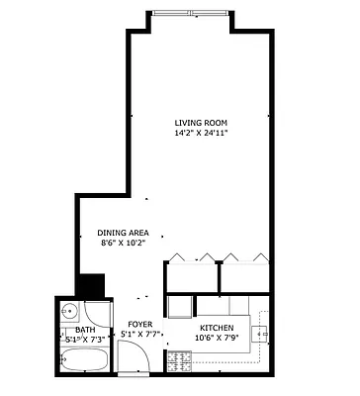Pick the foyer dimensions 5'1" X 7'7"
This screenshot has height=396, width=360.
pyautogui.click(x=139, y=335)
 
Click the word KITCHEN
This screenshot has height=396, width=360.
pyautogui.click(x=217, y=328)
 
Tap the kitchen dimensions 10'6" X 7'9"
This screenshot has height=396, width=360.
pyautogui.click(x=217, y=339)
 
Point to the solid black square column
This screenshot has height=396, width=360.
pyautogui.click(x=92, y=285)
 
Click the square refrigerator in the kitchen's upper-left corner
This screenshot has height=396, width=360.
pyautogui.click(x=179, y=307)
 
